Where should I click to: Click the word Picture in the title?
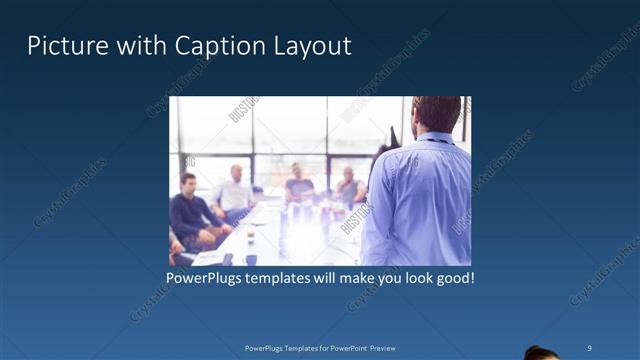point(59,46)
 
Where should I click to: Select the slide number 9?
point(590,347)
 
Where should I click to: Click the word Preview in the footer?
point(389,347)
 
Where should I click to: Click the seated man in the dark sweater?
point(190,210)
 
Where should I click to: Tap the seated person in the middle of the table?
point(299,184)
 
